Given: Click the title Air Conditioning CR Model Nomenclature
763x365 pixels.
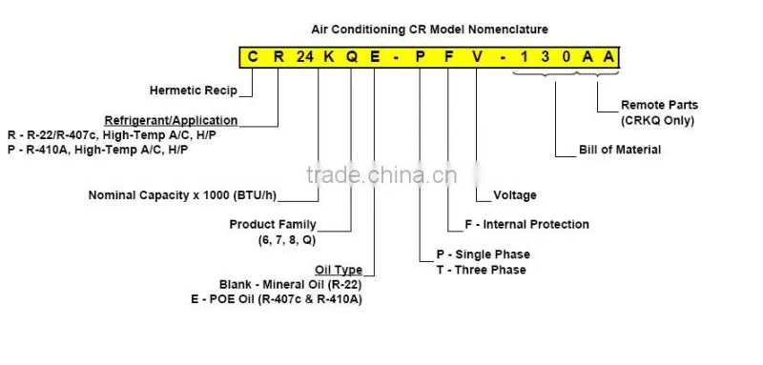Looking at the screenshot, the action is (430, 30).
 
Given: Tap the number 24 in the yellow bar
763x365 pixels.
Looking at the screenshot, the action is (305, 57).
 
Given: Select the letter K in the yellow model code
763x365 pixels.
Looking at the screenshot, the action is (329, 57).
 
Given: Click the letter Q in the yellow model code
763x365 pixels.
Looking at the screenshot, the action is (352, 57).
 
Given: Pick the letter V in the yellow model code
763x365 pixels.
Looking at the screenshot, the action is (479, 57).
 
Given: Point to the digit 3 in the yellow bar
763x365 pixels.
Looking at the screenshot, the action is (545, 57).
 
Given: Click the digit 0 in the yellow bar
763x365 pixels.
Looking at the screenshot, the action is (567, 57).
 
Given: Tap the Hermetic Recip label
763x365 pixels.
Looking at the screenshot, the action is (194, 91).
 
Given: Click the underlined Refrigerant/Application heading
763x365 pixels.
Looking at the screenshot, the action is (172, 120).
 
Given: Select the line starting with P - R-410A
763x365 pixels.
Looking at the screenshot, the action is (98, 150).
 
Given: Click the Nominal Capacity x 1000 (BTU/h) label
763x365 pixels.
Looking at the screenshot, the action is (182, 195).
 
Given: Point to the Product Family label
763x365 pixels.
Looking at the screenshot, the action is (273, 225).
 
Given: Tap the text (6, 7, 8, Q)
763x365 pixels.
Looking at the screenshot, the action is (287, 239).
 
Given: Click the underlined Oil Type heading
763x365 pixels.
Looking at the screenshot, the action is (339, 270).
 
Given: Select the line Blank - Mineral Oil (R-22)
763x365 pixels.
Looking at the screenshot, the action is (291, 284).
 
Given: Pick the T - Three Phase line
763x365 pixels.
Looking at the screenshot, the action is (482, 270).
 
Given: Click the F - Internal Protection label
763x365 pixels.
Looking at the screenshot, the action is (527, 225).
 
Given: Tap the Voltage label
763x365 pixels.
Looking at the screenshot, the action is (515, 195).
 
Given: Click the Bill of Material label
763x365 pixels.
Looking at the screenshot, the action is (620, 150).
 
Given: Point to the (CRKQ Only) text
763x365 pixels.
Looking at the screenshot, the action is (657, 120).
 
